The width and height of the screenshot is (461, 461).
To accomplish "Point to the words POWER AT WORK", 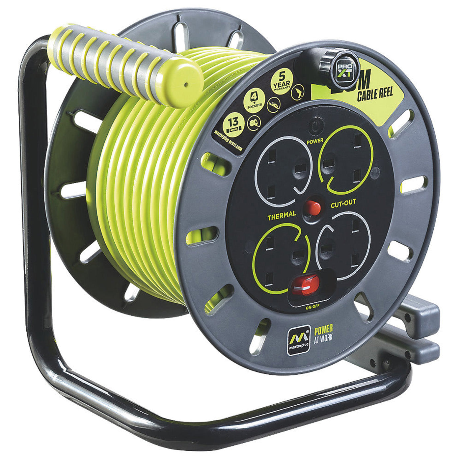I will tap(323, 333).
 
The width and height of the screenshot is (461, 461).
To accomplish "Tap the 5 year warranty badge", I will tap(282, 82).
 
